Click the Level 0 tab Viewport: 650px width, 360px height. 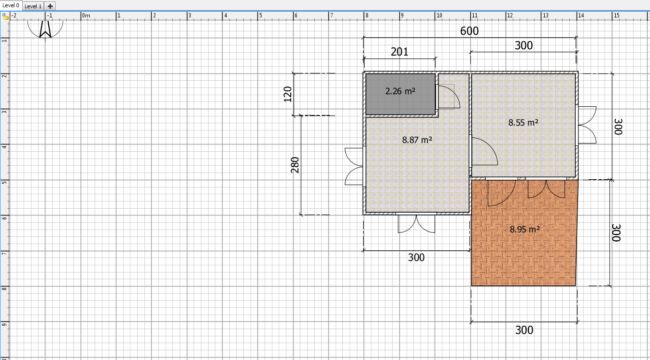[11, 5]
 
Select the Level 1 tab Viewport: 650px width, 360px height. [33, 6]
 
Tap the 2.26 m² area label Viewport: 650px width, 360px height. [400, 91]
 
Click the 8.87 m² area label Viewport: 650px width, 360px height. [417, 140]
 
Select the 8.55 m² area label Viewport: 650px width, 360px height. [523, 123]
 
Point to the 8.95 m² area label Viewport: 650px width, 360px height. [524, 230]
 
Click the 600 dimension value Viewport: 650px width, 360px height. [469, 31]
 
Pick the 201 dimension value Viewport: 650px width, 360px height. [399, 52]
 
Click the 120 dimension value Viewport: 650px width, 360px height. [288, 94]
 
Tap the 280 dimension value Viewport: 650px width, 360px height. [296, 165]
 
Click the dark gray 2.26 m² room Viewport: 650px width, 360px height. [400, 101]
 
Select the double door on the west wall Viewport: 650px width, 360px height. [354, 167]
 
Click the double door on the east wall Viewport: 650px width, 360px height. [586, 125]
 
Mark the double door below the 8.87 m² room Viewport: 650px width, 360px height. [416, 223]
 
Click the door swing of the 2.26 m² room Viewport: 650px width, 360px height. [448, 96]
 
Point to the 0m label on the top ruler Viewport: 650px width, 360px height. [86, 15]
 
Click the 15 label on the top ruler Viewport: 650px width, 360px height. [616, 15]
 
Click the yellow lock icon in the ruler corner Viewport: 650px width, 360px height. [5, 16]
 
